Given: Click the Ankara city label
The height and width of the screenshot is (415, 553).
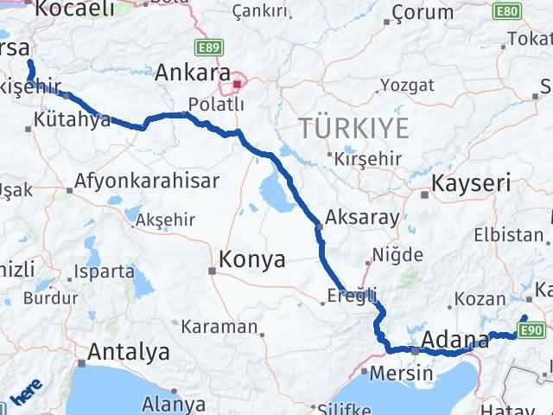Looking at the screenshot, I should tap(193, 73).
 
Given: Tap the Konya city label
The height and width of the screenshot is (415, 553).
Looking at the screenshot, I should tap(252, 259).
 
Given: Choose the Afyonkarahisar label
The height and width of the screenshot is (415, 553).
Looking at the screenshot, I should tap(147, 182).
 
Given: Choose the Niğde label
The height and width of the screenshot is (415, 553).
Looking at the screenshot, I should tap(397, 255).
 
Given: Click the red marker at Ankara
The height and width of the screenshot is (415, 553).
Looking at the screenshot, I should tap(237, 86).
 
